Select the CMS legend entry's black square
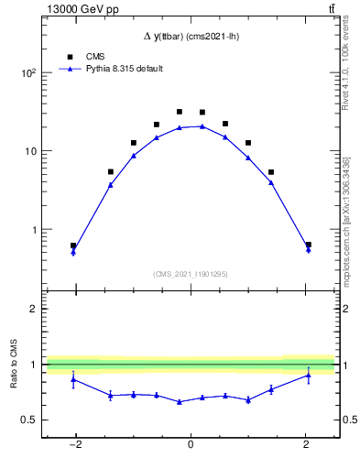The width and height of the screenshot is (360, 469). click(67, 56)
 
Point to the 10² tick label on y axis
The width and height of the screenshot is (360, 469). click(28, 72)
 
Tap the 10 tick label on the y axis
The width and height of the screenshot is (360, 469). click(30, 151)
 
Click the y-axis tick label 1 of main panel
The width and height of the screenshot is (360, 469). click(33, 230)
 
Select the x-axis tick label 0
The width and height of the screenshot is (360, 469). click(191, 445)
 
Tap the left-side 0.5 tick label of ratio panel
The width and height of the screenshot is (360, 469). click(28, 420)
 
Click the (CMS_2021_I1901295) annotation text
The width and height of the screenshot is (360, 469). click(191, 274)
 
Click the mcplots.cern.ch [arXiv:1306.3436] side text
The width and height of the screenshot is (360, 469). click(345, 214)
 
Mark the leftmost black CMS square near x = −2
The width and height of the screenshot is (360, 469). click(73, 245)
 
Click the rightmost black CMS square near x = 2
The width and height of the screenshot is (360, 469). click(308, 245)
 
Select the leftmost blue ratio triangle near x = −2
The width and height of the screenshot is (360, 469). click(73, 378)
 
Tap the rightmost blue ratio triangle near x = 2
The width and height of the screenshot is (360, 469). click(308, 375)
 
